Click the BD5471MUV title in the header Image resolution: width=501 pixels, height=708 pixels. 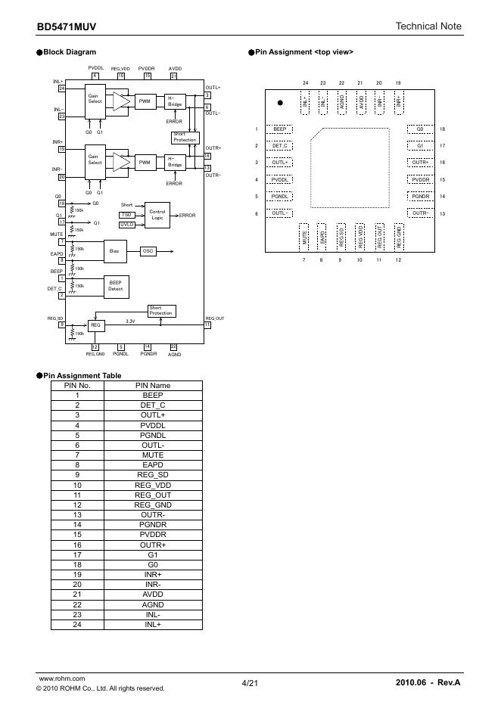[x=67, y=27]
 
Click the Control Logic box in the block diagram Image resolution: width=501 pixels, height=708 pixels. [x=157, y=215]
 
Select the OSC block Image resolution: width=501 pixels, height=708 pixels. [x=149, y=250]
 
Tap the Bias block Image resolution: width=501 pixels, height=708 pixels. [x=114, y=250]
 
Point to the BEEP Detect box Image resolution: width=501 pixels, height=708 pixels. [x=116, y=286]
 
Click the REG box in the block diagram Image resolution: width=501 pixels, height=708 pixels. [x=95, y=324]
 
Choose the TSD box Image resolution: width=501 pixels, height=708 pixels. [x=126, y=215]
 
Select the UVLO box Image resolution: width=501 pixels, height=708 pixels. [x=126, y=225]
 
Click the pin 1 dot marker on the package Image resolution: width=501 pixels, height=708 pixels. [x=280, y=101]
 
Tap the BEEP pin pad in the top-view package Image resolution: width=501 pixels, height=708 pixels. [x=280, y=129]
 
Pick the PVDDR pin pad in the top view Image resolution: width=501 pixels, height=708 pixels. [x=420, y=180]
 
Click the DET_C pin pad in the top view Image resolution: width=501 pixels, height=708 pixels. [x=280, y=146]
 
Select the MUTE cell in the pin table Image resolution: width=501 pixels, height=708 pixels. [x=152, y=455]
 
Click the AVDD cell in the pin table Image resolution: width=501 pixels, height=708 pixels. [x=152, y=594]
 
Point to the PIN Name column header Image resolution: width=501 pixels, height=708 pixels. [x=152, y=385]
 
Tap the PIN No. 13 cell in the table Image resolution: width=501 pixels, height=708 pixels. [x=77, y=514]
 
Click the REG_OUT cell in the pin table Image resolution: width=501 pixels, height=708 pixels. [x=152, y=495]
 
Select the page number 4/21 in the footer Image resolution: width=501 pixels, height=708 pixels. [x=250, y=683]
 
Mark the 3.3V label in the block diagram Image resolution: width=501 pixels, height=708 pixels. [x=130, y=321]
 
